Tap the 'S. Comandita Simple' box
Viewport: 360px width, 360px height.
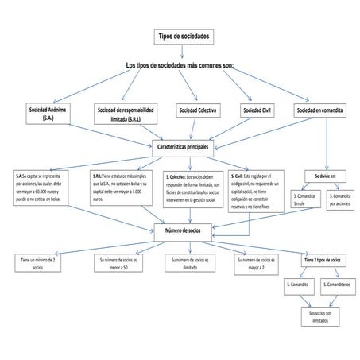point(304,199)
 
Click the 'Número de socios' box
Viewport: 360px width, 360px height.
point(183,230)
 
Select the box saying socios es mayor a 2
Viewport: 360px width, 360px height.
point(256,263)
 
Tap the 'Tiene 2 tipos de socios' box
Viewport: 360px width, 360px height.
point(323,260)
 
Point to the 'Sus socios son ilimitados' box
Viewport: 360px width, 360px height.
point(322,316)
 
